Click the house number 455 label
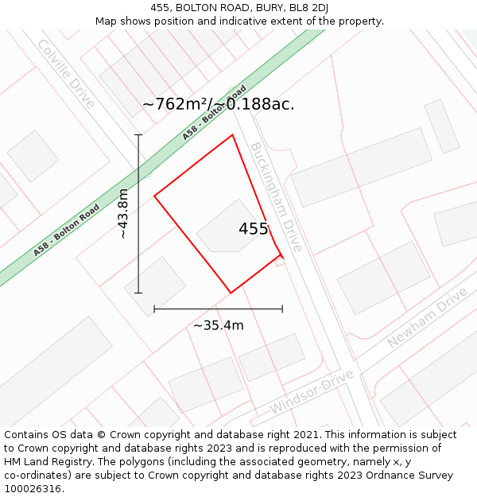point(254,229)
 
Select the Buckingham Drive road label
point(277,196)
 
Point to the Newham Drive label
point(427,318)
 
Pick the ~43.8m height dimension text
point(123,213)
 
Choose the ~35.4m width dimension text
point(218,324)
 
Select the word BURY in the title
point(270,8)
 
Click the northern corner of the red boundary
point(232,135)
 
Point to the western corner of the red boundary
point(154,196)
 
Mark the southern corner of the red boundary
point(231,293)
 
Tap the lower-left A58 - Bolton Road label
point(67,230)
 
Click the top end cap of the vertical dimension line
point(138,135)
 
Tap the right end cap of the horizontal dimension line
point(282,309)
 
